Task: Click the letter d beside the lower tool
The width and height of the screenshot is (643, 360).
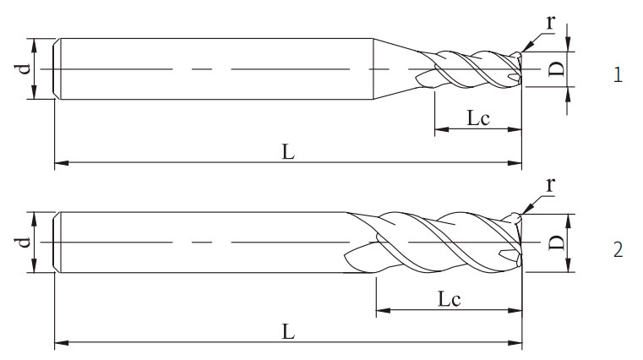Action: (x=25, y=243)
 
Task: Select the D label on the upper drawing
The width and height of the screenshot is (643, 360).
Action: (x=555, y=68)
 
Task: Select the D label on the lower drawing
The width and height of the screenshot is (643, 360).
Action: (x=555, y=243)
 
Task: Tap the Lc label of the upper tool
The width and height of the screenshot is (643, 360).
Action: (x=478, y=119)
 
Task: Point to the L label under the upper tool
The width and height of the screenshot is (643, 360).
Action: (x=288, y=151)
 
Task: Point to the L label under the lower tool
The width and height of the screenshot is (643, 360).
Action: (x=288, y=332)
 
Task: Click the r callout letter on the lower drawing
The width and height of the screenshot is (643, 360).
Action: (x=550, y=184)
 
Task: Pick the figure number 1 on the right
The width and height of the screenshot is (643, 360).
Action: (x=618, y=75)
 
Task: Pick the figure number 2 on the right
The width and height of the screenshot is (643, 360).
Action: (x=618, y=250)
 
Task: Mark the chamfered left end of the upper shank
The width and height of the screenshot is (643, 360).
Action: (x=57, y=68)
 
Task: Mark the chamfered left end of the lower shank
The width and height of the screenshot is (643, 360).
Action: (x=57, y=243)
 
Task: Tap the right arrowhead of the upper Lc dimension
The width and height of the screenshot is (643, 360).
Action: (x=516, y=131)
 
